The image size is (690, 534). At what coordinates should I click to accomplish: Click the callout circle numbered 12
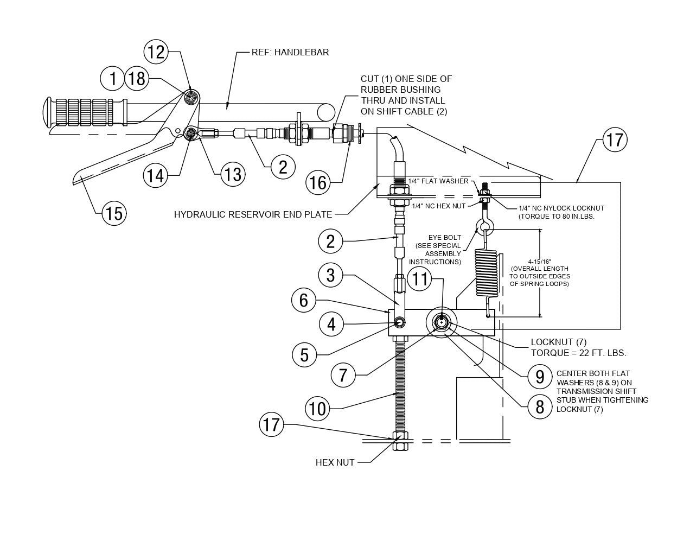pyautogui.click(x=156, y=52)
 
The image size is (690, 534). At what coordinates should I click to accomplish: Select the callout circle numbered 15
pyautogui.click(x=114, y=213)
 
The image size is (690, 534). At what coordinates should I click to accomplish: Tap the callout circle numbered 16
pyautogui.click(x=318, y=182)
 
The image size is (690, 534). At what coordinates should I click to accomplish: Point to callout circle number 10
pyautogui.click(x=318, y=408)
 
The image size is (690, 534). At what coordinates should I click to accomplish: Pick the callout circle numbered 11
pyautogui.click(x=420, y=279)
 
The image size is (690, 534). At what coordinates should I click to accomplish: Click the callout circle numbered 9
pyautogui.click(x=539, y=376)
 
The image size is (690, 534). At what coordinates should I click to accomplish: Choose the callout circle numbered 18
pyautogui.click(x=137, y=79)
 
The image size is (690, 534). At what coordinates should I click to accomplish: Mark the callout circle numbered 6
pyautogui.click(x=304, y=300)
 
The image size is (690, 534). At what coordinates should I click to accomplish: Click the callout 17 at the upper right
pyautogui.click(x=615, y=140)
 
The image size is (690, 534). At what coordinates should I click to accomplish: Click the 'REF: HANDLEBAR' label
pyautogui.click(x=290, y=53)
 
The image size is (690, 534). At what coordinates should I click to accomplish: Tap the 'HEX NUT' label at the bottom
pyautogui.click(x=335, y=462)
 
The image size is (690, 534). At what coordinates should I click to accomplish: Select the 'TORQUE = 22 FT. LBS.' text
pyautogui.click(x=578, y=353)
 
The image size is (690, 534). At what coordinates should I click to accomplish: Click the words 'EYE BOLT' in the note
pyautogui.click(x=444, y=238)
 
